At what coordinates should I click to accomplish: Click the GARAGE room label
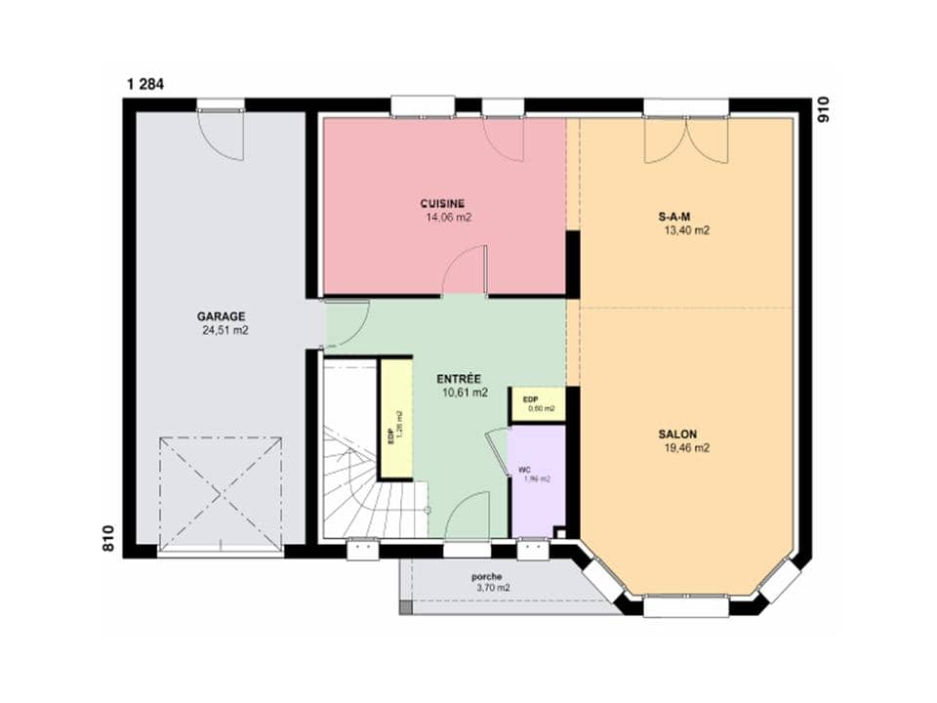point(221,316)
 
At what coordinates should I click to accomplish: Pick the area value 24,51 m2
point(224,331)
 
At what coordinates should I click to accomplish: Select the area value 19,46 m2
point(685,449)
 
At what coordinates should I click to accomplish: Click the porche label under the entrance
point(485,576)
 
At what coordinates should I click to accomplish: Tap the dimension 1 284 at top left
point(144,84)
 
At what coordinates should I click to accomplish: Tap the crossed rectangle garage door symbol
point(221,494)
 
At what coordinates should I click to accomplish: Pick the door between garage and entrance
point(346,324)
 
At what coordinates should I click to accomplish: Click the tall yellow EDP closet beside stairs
point(395,420)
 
